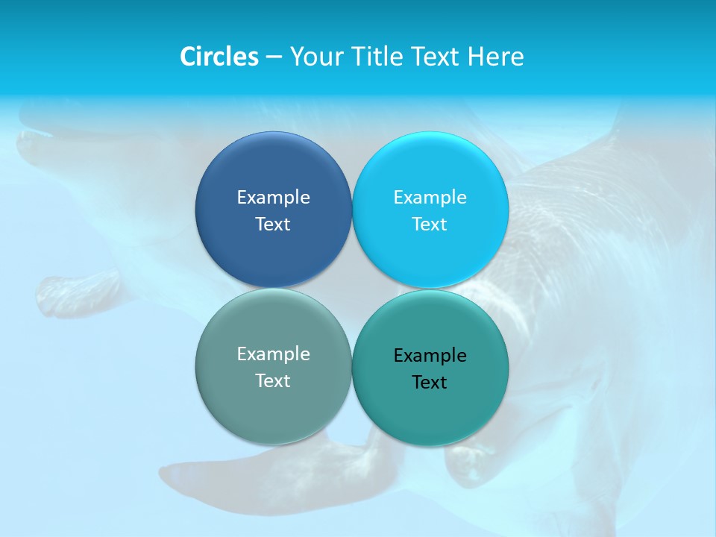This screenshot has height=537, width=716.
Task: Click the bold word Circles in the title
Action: (x=219, y=57)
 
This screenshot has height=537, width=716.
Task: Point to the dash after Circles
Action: (x=274, y=57)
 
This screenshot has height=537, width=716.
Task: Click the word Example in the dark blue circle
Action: (x=273, y=198)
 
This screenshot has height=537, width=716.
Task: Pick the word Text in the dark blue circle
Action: (x=273, y=224)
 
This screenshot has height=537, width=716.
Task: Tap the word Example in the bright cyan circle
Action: (x=430, y=198)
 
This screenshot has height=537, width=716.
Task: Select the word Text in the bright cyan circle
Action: (x=430, y=224)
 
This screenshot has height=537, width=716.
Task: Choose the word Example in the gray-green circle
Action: (x=273, y=354)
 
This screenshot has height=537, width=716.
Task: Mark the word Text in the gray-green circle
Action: (x=273, y=381)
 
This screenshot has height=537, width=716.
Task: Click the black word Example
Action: (x=430, y=356)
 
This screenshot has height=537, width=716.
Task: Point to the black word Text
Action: (x=430, y=383)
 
